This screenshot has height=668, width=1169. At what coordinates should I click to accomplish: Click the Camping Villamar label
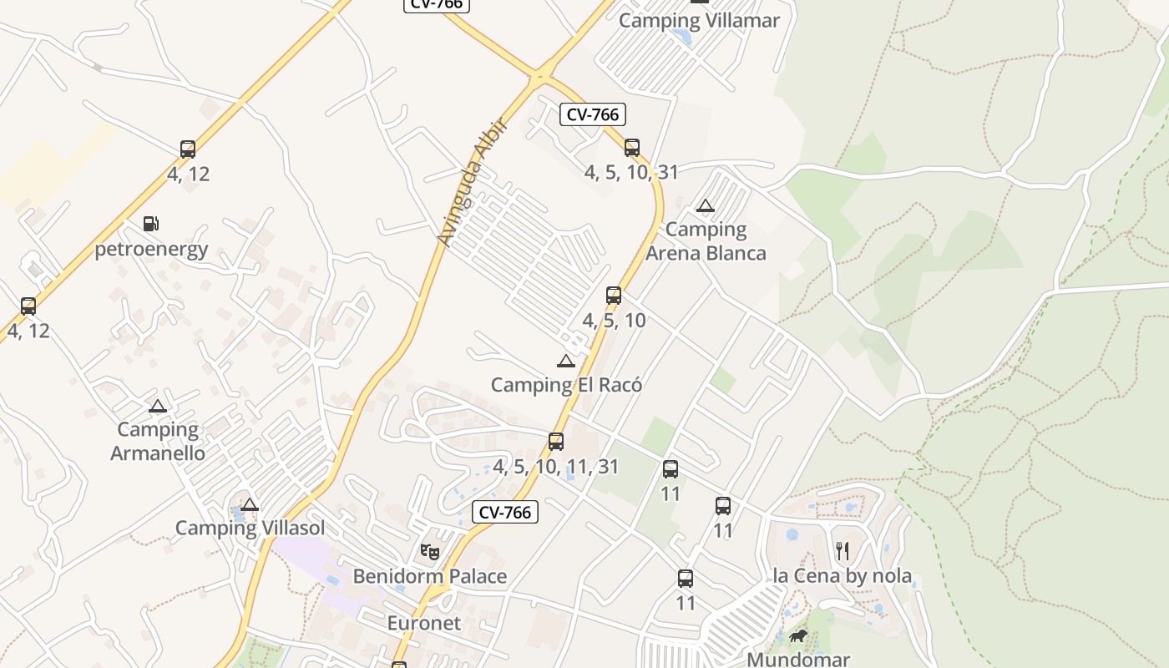coord(699,21)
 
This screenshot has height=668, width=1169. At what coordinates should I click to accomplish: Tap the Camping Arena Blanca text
coord(706,240)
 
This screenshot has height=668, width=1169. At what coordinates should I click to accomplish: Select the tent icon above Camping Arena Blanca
coord(706,206)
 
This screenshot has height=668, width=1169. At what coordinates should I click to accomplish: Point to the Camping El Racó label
coord(566,385)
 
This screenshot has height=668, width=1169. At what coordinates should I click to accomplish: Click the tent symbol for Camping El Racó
coord(566,362)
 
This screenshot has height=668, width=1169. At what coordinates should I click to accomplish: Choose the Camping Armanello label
coord(158,441)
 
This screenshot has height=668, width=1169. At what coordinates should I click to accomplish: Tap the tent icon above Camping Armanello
coord(158,407)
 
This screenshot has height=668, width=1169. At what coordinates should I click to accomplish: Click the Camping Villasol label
coord(250,528)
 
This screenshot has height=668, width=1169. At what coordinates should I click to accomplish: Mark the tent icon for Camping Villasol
coord(250,504)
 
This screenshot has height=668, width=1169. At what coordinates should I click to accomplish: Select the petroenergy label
coord(151,249)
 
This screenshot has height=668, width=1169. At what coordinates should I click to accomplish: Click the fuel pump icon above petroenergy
coord(151,224)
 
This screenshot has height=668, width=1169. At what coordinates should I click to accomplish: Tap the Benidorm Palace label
coord(429,576)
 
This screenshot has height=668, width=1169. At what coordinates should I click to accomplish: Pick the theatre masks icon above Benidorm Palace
coord(429,551)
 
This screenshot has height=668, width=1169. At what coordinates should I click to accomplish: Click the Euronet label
coord(424,623)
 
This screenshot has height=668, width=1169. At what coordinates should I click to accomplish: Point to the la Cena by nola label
coord(842,576)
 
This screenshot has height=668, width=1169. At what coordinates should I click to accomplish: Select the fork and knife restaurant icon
coord(842,551)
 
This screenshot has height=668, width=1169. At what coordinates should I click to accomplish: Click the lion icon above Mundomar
coord(798,636)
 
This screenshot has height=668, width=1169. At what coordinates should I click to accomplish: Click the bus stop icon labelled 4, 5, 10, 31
coord(632,148)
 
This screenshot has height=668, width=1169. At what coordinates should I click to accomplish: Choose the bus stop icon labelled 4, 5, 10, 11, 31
coord(556,442)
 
